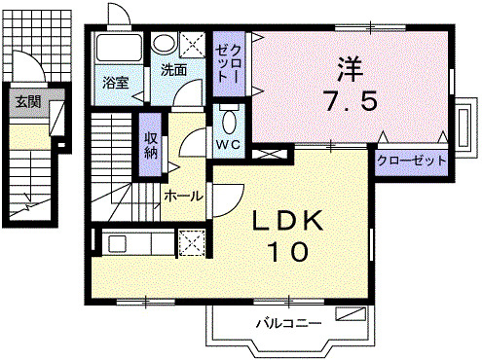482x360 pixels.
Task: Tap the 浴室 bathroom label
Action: coord(116,83)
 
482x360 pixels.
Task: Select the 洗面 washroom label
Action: coord(174,70)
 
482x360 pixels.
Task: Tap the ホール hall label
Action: coord(183,196)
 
